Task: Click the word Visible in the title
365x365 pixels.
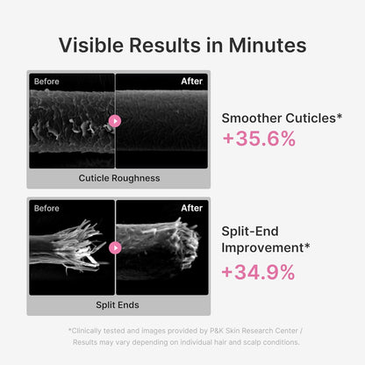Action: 91,46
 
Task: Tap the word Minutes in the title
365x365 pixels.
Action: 268,46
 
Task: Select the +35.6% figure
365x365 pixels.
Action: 259,139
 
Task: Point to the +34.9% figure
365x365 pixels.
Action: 258,272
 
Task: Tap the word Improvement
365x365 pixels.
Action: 262,247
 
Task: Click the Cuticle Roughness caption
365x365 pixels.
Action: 119,178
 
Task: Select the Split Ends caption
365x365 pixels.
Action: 118,305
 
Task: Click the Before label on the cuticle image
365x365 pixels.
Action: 47,82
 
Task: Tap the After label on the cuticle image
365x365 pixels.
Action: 192,81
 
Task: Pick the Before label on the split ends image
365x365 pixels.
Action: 47,208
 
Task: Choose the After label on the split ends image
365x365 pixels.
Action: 192,208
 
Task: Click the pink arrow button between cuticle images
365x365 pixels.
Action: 115,121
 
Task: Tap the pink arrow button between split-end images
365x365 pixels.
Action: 115,248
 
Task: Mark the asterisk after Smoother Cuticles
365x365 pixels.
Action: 340,116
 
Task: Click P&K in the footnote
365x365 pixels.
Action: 217,331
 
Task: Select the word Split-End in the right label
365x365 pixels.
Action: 250,232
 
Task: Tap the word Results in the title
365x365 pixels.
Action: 165,46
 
